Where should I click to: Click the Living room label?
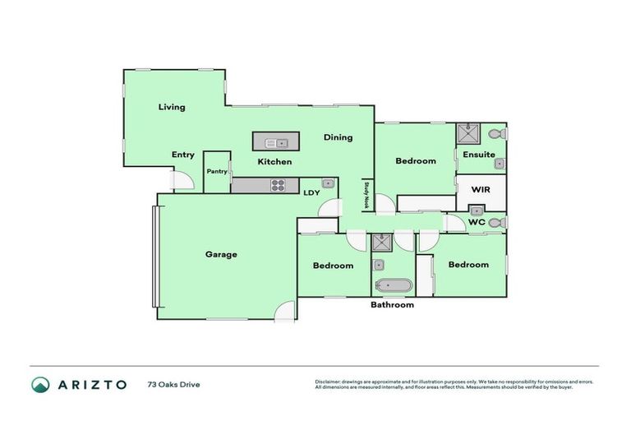click(x=172, y=107)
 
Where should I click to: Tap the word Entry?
click(x=182, y=155)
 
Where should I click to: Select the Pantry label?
click(x=217, y=171)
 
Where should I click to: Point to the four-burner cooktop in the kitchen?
click(x=279, y=185)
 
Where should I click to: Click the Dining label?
click(x=338, y=137)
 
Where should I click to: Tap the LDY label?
click(x=311, y=193)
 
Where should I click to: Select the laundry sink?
click(x=327, y=183)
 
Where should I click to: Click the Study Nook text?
click(x=367, y=197)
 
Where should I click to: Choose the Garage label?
click(x=221, y=254)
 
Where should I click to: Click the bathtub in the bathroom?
click(x=393, y=286)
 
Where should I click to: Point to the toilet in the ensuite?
click(x=495, y=133)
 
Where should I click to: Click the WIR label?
click(x=481, y=189)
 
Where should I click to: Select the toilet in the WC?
click(x=495, y=223)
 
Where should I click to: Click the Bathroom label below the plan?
click(x=392, y=305)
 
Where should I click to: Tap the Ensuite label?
click(x=478, y=155)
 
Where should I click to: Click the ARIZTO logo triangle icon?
click(x=40, y=384)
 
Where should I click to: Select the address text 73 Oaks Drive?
click(x=173, y=384)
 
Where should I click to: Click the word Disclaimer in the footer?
click(x=330, y=382)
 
